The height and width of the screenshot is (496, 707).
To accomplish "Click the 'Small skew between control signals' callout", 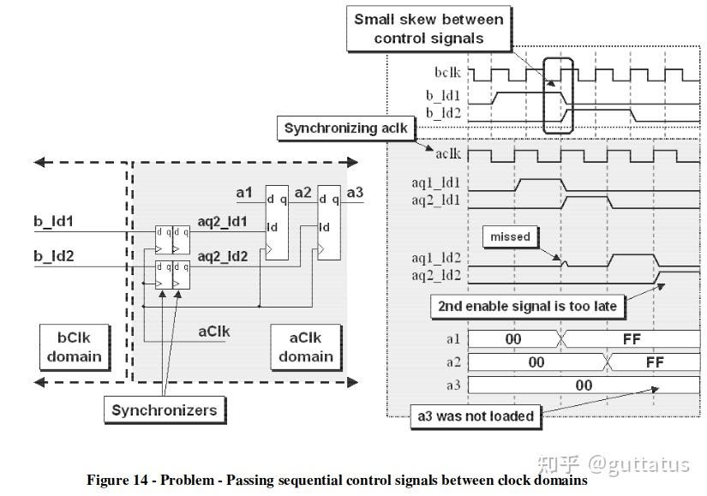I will [429, 28].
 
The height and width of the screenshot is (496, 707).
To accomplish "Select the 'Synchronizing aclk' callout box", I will [347, 128].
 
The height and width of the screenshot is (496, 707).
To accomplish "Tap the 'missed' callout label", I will [511, 236].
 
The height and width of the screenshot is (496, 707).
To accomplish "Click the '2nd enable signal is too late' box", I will [527, 305].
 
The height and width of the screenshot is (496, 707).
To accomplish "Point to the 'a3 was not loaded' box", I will [475, 416].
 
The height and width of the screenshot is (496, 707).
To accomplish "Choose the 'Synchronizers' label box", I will [164, 409].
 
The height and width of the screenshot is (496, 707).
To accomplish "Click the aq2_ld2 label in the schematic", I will [222, 256].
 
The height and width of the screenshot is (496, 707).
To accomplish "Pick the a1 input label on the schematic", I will [245, 194].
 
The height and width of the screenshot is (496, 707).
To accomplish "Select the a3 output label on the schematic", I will [355, 193].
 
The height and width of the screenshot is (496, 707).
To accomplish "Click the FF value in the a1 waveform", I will [632, 339].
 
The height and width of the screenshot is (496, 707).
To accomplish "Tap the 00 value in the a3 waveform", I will [584, 385].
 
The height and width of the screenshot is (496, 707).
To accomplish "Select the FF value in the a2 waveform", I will [655, 362].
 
